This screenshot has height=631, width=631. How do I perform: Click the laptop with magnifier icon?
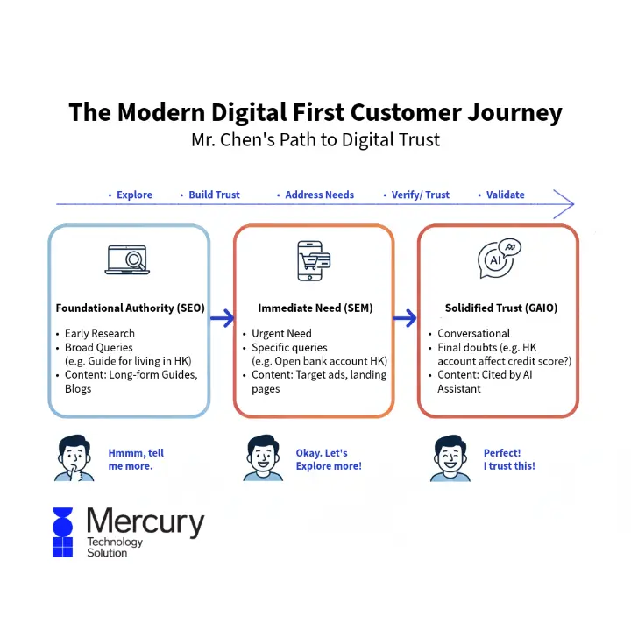point(129,261)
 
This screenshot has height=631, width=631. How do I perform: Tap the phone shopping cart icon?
point(313,261)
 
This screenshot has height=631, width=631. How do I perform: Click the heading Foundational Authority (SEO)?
point(130,308)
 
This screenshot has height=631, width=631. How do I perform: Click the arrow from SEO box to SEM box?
point(222,318)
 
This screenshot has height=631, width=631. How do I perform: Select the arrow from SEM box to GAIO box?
point(406,318)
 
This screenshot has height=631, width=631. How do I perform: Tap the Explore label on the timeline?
point(134,195)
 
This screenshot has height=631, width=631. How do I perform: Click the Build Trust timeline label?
point(214,195)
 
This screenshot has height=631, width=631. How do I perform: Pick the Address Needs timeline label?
point(319,195)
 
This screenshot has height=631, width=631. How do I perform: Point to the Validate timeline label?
point(506,195)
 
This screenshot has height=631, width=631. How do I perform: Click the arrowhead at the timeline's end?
point(566,205)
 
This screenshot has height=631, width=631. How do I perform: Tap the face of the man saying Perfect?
point(450,454)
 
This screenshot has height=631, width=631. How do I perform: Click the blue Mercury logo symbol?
point(62,532)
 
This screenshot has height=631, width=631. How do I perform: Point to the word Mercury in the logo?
point(145,522)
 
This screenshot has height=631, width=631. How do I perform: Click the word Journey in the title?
point(516,113)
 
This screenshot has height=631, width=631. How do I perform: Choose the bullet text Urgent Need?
point(281,333)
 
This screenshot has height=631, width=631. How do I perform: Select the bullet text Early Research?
point(100,333)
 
